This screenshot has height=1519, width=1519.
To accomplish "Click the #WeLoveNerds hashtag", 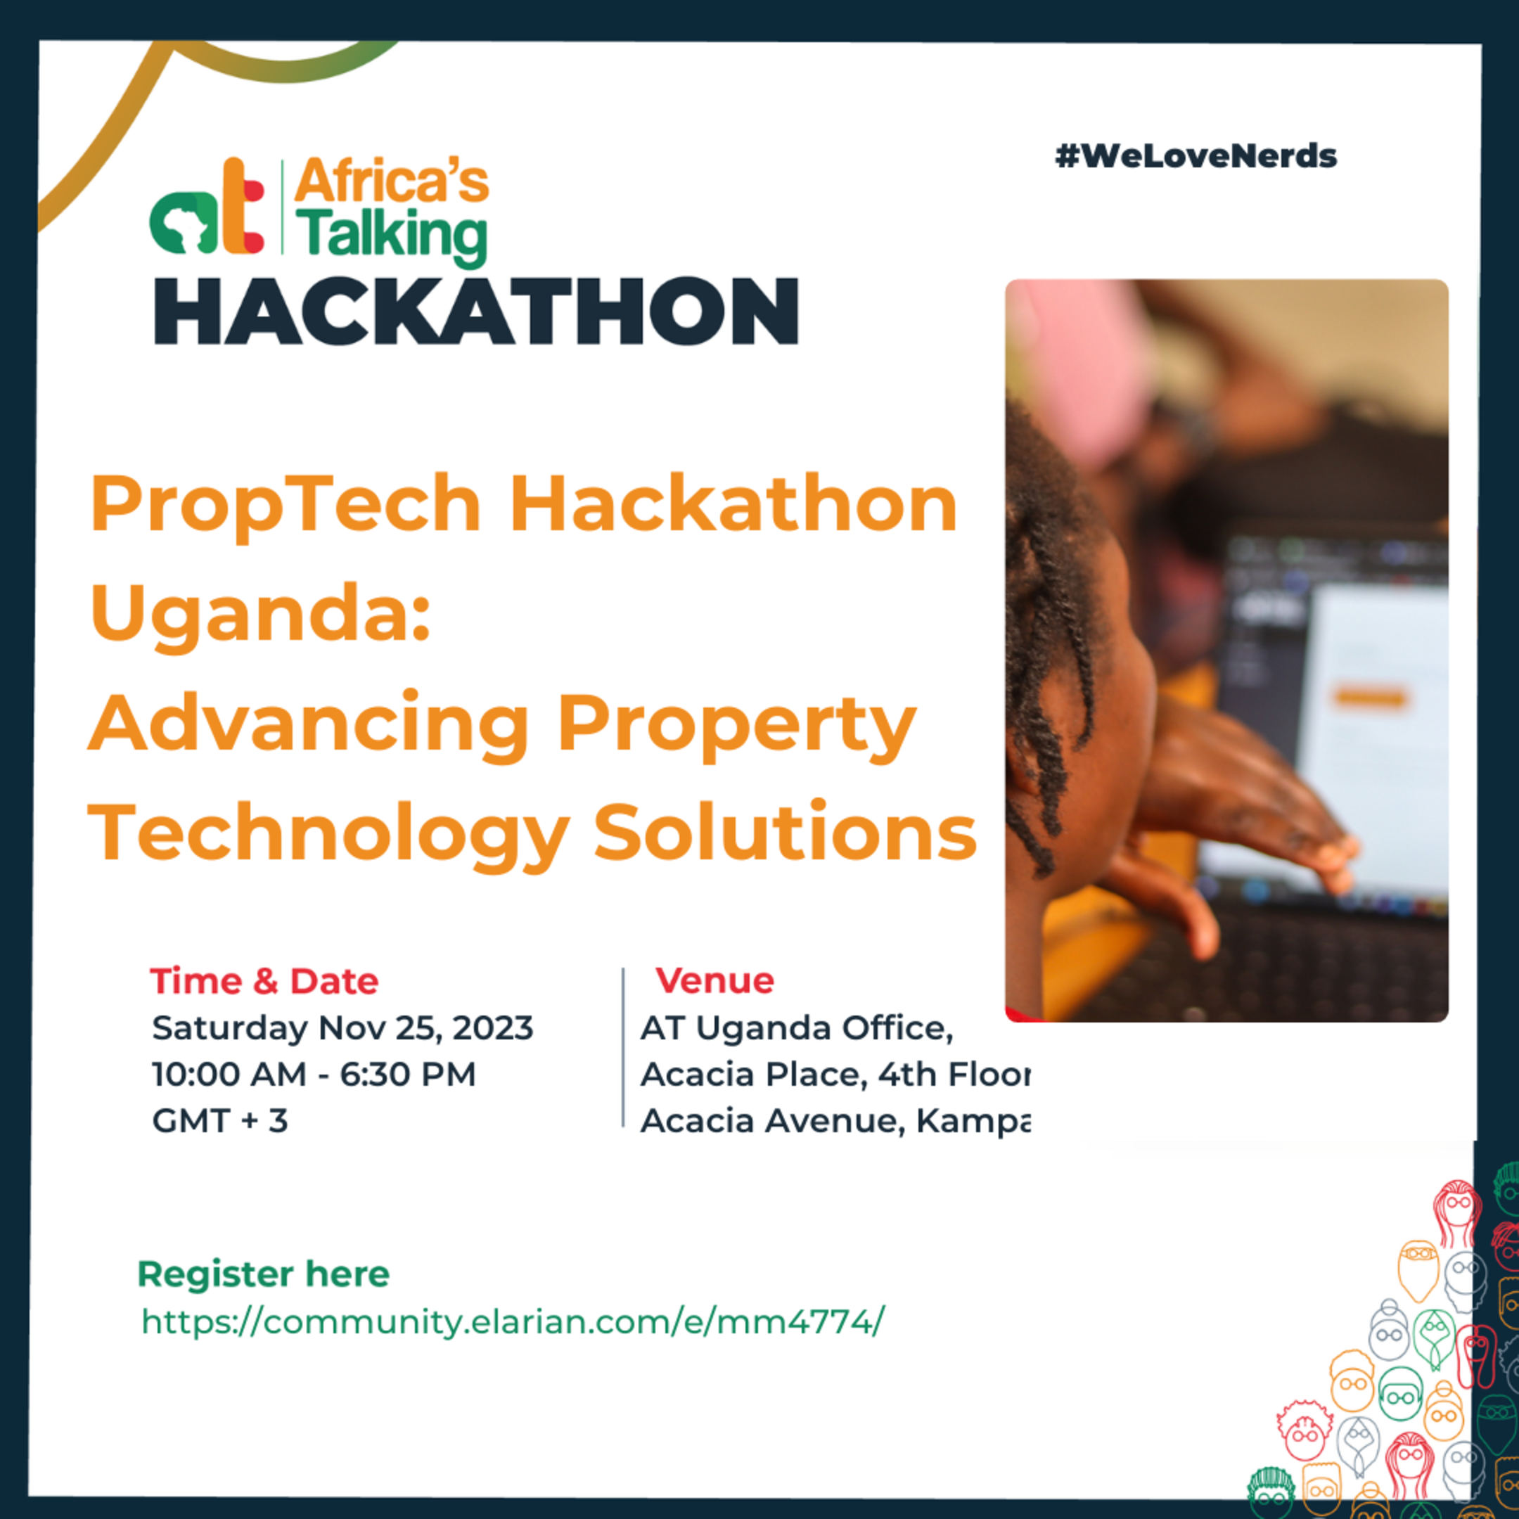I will [x=1195, y=156].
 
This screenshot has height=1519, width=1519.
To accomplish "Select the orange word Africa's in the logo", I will [x=392, y=181].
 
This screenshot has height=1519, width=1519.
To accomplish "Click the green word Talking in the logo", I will [x=392, y=234].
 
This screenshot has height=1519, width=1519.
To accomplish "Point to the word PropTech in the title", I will [x=285, y=505].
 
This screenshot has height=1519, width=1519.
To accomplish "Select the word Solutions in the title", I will [x=784, y=833].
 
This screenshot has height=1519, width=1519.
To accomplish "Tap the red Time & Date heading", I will [x=264, y=981].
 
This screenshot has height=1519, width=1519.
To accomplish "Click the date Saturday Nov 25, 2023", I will [x=342, y=1028].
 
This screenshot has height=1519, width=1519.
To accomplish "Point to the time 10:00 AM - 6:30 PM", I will [x=314, y=1075].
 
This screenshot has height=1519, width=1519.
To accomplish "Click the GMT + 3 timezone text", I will [x=220, y=1121].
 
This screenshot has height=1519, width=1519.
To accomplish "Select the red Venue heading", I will [x=714, y=980].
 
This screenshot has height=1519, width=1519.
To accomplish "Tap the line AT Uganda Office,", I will [x=797, y=1028].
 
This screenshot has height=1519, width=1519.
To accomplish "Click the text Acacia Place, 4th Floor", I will [x=833, y=1075].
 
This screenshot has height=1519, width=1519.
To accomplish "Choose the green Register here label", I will [x=264, y=1274].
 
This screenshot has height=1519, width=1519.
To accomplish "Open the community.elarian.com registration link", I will [x=513, y=1321].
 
